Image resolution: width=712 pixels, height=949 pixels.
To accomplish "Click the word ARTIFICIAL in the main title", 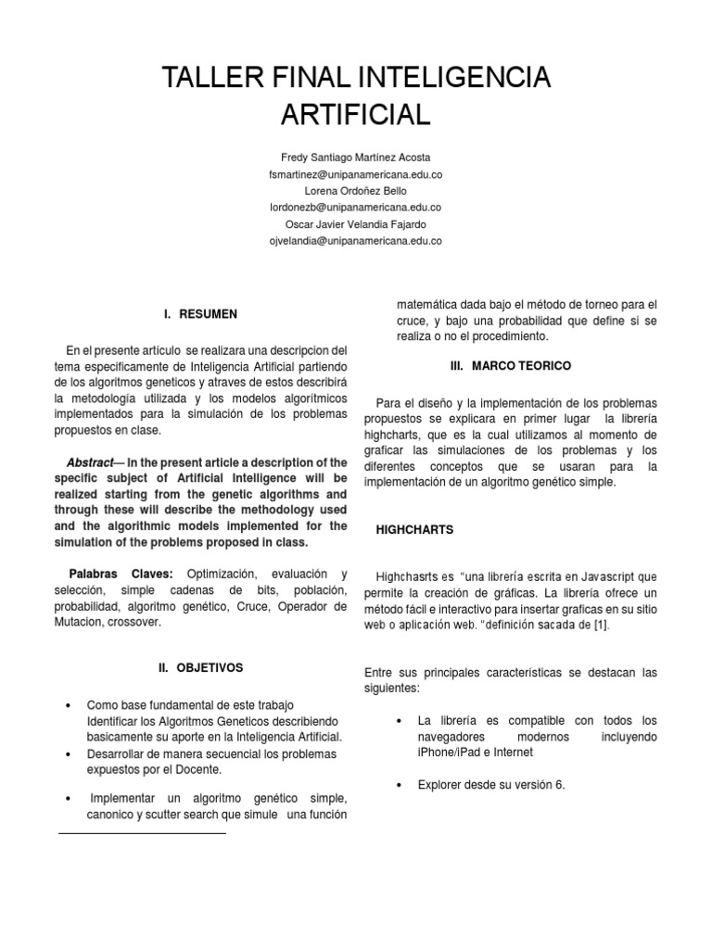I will click(x=355, y=115).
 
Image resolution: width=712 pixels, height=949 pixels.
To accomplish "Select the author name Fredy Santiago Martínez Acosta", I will click(x=355, y=158).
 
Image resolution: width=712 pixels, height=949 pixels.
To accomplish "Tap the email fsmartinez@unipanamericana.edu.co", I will click(x=355, y=174).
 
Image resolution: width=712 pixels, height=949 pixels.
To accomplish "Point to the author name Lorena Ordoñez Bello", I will click(x=355, y=191).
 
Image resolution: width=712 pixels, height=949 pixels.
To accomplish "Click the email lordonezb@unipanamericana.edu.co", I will click(x=355, y=208).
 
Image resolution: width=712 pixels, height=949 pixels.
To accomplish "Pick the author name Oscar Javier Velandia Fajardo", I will click(x=355, y=224).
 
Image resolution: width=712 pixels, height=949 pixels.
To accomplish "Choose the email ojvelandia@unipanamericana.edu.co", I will click(x=355, y=241).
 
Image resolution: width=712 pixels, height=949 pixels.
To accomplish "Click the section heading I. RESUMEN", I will click(x=200, y=314).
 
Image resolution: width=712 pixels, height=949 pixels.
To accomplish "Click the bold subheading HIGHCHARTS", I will click(x=414, y=529).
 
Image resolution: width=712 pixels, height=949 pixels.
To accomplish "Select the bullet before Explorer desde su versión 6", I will click(x=398, y=785).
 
